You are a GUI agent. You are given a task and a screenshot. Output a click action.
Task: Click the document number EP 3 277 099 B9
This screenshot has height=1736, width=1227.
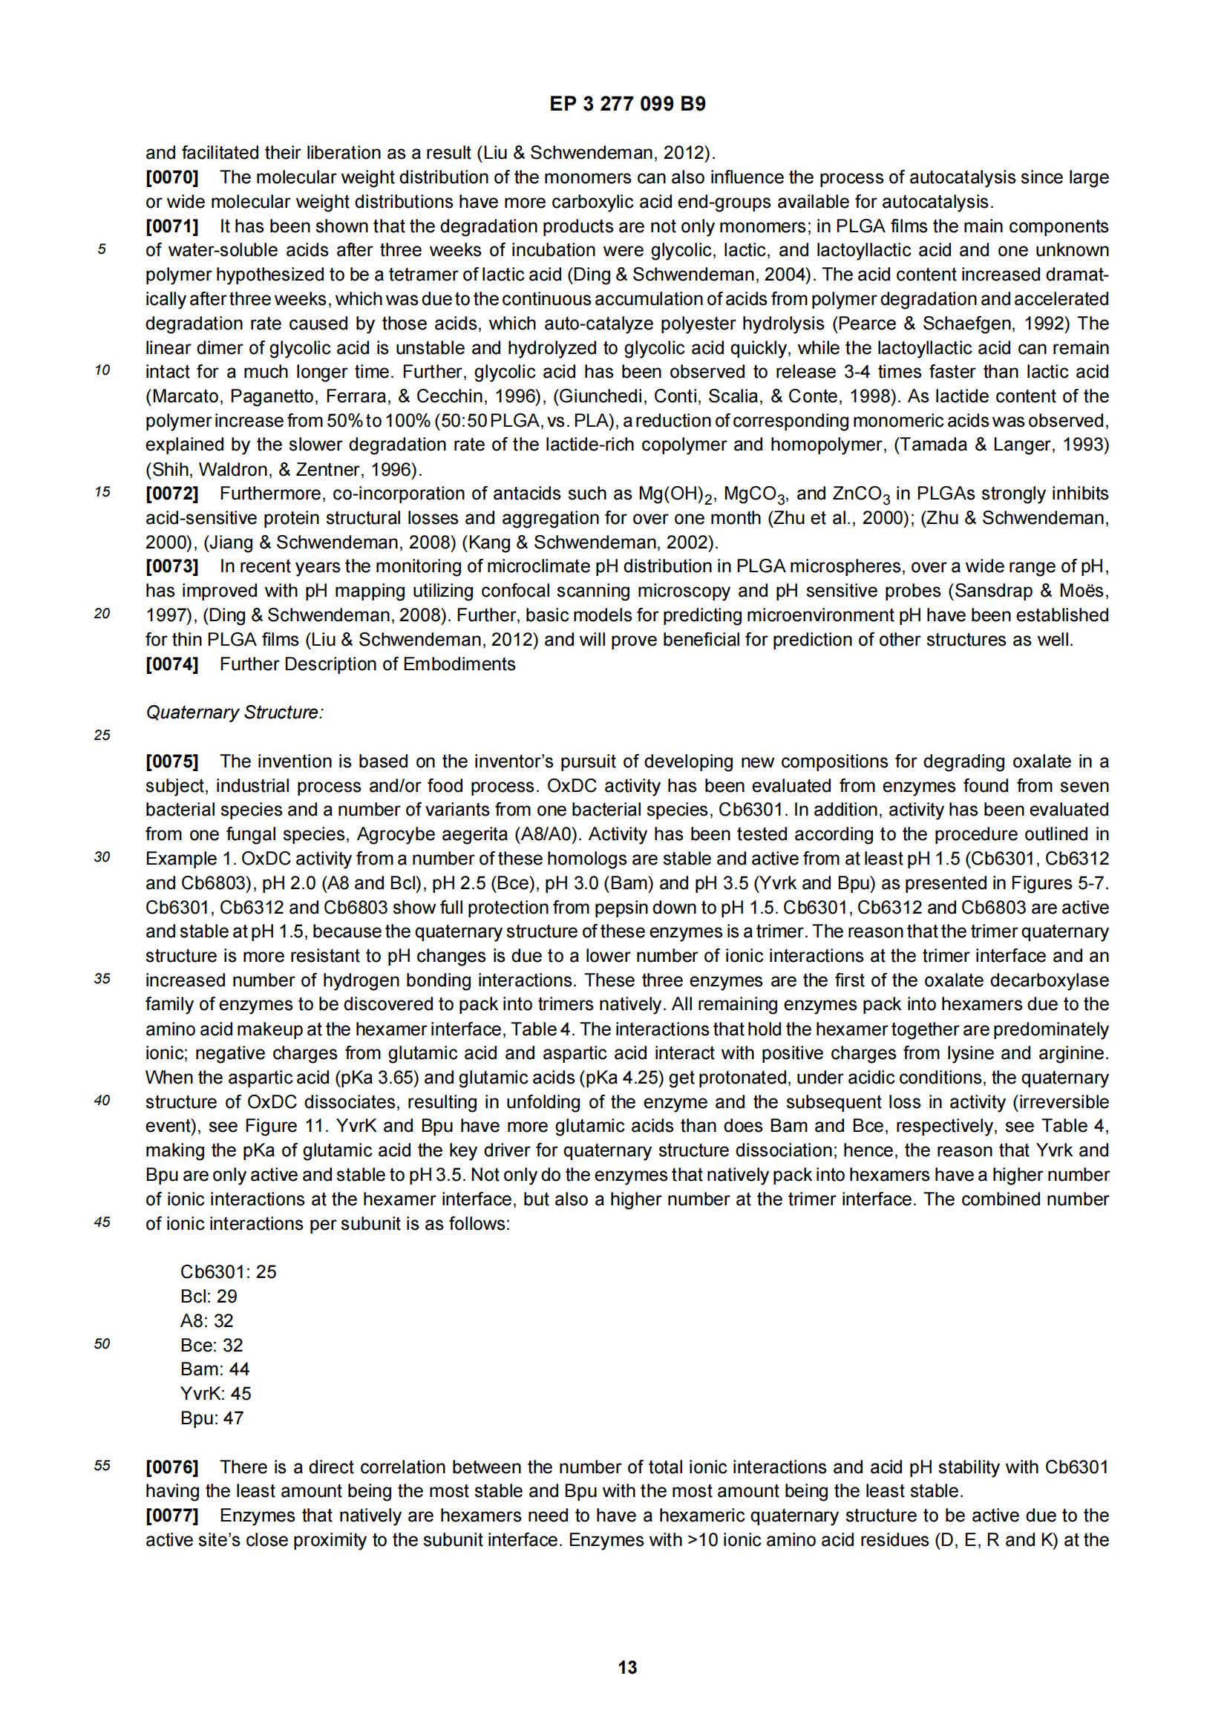(x=626, y=105)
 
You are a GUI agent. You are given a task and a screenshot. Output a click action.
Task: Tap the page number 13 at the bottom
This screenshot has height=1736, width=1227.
(x=626, y=1668)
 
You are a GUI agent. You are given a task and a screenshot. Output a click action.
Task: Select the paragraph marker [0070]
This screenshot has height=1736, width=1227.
(x=171, y=177)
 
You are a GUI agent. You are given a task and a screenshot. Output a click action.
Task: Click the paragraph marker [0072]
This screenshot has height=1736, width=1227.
(x=171, y=494)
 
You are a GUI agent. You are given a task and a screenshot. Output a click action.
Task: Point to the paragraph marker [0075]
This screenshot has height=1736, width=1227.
(x=171, y=761)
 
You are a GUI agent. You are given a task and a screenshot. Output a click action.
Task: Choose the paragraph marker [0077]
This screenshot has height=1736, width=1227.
(x=171, y=1516)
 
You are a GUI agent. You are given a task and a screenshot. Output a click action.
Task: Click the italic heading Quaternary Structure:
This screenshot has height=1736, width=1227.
(x=235, y=713)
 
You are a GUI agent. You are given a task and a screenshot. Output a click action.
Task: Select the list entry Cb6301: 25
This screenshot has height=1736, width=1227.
(x=229, y=1272)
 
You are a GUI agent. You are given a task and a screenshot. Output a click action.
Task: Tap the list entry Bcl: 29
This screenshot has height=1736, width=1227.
(x=209, y=1296)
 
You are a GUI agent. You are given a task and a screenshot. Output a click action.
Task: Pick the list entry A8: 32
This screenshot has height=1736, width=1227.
(x=207, y=1321)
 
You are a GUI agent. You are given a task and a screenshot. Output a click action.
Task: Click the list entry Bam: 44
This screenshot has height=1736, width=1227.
(x=215, y=1369)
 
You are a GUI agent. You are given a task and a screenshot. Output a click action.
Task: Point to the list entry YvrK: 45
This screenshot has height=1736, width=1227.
(x=215, y=1394)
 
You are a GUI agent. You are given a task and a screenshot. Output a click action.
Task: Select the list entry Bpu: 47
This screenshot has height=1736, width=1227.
(x=212, y=1418)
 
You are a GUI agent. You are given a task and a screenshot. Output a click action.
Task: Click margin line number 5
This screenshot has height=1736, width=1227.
(x=102, y=249)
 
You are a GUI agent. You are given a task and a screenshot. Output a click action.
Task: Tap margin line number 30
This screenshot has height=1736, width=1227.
(x=102, y=856)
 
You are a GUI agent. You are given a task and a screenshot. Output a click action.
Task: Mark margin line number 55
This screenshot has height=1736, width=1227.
(x=102, y=1465)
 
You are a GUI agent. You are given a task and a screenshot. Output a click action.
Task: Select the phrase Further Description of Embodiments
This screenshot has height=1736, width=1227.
(x=367, y=664)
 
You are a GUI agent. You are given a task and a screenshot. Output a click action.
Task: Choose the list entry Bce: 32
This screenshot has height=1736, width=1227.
(x=212, y=1345)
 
